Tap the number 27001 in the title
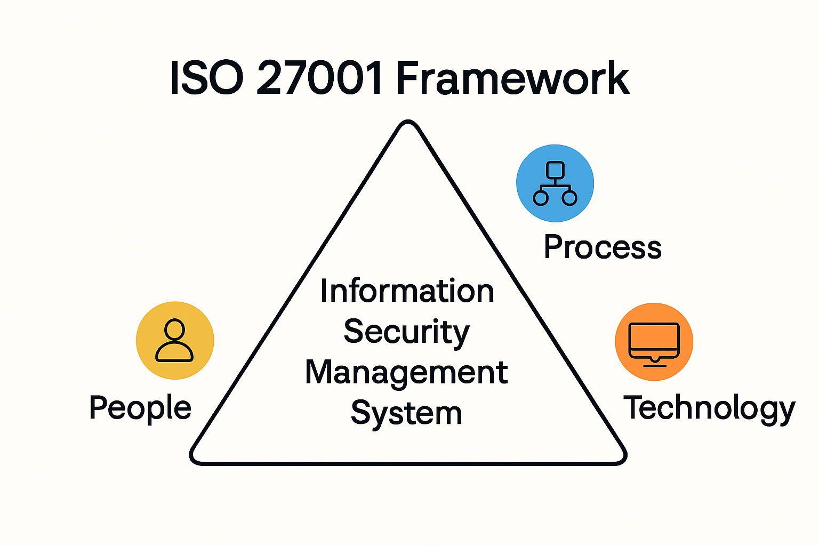tap(319, 78)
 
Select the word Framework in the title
tap(512, 78)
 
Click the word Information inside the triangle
tap(407, 291)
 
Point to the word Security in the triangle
tap(406, 332)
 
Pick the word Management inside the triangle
tap(406, 373)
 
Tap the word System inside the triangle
tap(406, 414)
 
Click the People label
tap(140, 408)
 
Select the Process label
tap(603, 247)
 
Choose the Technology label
tap(709, 408)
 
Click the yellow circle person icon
tap(175, 341)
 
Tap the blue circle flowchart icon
tap(555, 183)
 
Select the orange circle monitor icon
tap(654, 342)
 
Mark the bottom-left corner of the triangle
tap(195, 458)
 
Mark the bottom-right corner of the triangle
tap(621, 458)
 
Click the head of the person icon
tap(174, 329)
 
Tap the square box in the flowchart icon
tap(555, 170)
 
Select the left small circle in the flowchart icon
tap(541, 198)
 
